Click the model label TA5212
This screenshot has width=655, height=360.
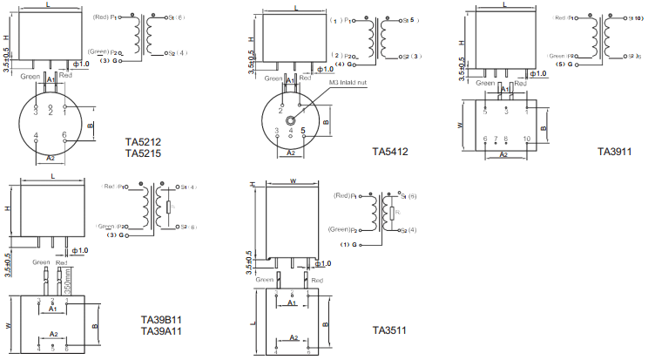click(x=143, y=142)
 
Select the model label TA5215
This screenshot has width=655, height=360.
click(x=143, y=153)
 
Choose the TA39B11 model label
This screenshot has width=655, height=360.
click(x=161, y=320)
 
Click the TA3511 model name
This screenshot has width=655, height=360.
click(x=389, y=330)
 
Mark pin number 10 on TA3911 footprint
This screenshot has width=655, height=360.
click(x=526, y=139)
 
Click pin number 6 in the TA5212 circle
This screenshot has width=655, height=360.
click(x=65, y=135)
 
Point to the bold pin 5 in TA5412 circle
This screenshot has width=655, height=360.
click(x=302, y=131)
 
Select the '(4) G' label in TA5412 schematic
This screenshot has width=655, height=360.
click(x=344, y=64)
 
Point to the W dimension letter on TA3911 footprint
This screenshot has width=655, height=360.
click(x=461, y=125)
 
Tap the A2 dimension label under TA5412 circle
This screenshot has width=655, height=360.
click(x=292, y=152)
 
